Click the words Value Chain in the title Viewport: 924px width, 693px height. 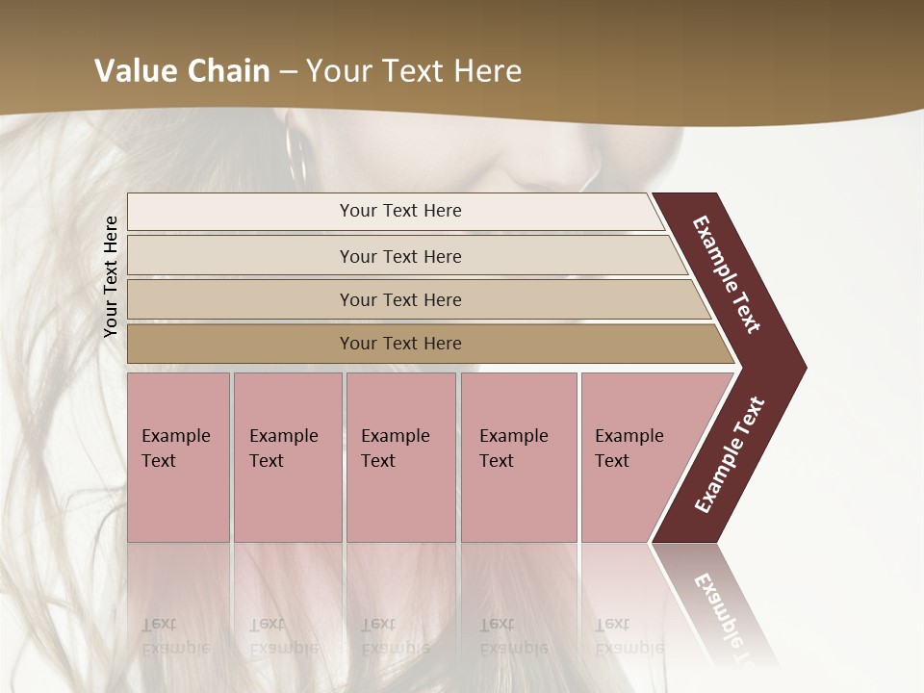(182, 71)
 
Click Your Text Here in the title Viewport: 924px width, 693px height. (414, 71)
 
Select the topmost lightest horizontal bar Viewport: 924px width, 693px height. (399, 211)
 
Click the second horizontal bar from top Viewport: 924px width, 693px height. (399, 256)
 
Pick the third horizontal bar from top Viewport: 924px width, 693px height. (399, 299)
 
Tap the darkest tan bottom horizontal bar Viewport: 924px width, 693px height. (399, 344)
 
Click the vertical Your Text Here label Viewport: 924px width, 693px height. (111, 276)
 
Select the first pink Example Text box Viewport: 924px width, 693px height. (178, 457)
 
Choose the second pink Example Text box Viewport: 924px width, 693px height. (287, 457)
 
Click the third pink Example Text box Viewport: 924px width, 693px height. (399, 457)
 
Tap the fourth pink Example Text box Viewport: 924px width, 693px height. (518, 457)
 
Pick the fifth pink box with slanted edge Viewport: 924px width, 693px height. (635, 457)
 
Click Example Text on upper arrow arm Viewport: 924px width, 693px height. (727, 274)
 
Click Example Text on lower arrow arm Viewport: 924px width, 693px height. (730, 455)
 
